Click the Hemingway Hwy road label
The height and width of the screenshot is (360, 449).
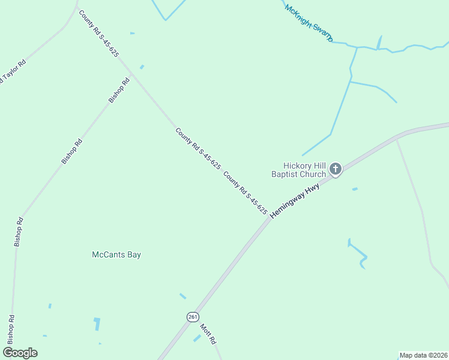pyautogui.click(x=295, y=201)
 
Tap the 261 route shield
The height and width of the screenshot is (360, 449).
pyautogui.click(x=193, y=317)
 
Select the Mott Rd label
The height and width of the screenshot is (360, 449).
pyautogui.click(x=208, y=334)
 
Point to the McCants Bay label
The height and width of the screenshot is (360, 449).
pyautogui.click(x=116, y=254)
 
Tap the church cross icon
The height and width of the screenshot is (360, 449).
pyautogui.click(x=336, y=169)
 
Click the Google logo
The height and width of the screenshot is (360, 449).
pyautogui.click(x=20, y=352)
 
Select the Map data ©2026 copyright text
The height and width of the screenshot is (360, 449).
pyautogui.click(x=424, y=355)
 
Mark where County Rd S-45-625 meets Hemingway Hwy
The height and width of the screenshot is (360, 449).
pyautogui.click(x=268, y=218)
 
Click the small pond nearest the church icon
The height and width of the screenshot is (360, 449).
pyautogui.click(x=355, y=189)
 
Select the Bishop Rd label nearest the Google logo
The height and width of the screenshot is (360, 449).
pyautogui.click(x=10, y=329)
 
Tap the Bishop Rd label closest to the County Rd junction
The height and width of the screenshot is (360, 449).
pyautogui.click(x=119, y=90)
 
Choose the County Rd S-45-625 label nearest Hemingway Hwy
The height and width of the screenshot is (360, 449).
pyautogui.click(x=245, y=193)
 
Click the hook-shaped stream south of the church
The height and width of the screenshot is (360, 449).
pyautogui.click(x=359, y=254)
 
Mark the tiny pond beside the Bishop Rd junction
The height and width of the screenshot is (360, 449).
pyautogui.click(x=142, y=67)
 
